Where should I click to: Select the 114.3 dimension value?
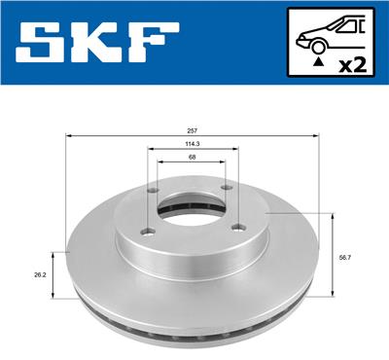(x=192, y=144)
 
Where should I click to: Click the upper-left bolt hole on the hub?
(x=156, y=190)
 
